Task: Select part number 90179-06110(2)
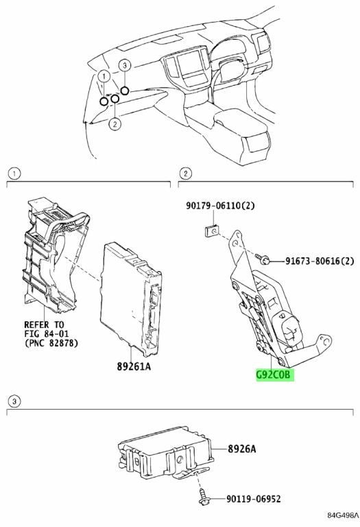pyautogui.click(x=220, y=205)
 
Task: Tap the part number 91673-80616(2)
pyautogui.click(x=320, y=261)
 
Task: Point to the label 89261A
pyautogui.click(x=134, y=366)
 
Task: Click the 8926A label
pyautogui.click(x=241, y=449)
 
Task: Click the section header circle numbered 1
pyautogui.click(x=14, y=174)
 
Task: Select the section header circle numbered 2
pyautogui.click(x=185, y=174)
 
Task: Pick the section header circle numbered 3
pyautogui.click(x=14, y=401)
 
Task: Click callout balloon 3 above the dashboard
pyautogui.click(x=125, y=65)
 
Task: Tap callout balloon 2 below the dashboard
pyautogui.click(x=115, y=124)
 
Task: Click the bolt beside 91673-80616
pyautogui.click(x=262, y=258)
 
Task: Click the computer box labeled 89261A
pyautogui.click(x=131, y=297)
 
